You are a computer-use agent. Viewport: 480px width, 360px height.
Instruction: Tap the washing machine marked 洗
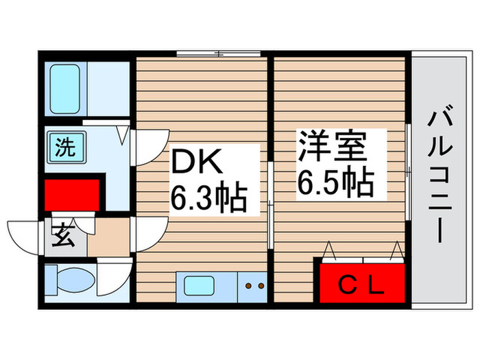click(x=65, y=146)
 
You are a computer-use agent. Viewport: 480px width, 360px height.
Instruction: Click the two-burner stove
click(x=254, y=285)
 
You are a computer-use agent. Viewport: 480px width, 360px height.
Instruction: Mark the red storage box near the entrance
click(x=71, y=195)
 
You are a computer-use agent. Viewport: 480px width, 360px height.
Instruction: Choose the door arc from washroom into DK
click(x=145, y=147)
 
